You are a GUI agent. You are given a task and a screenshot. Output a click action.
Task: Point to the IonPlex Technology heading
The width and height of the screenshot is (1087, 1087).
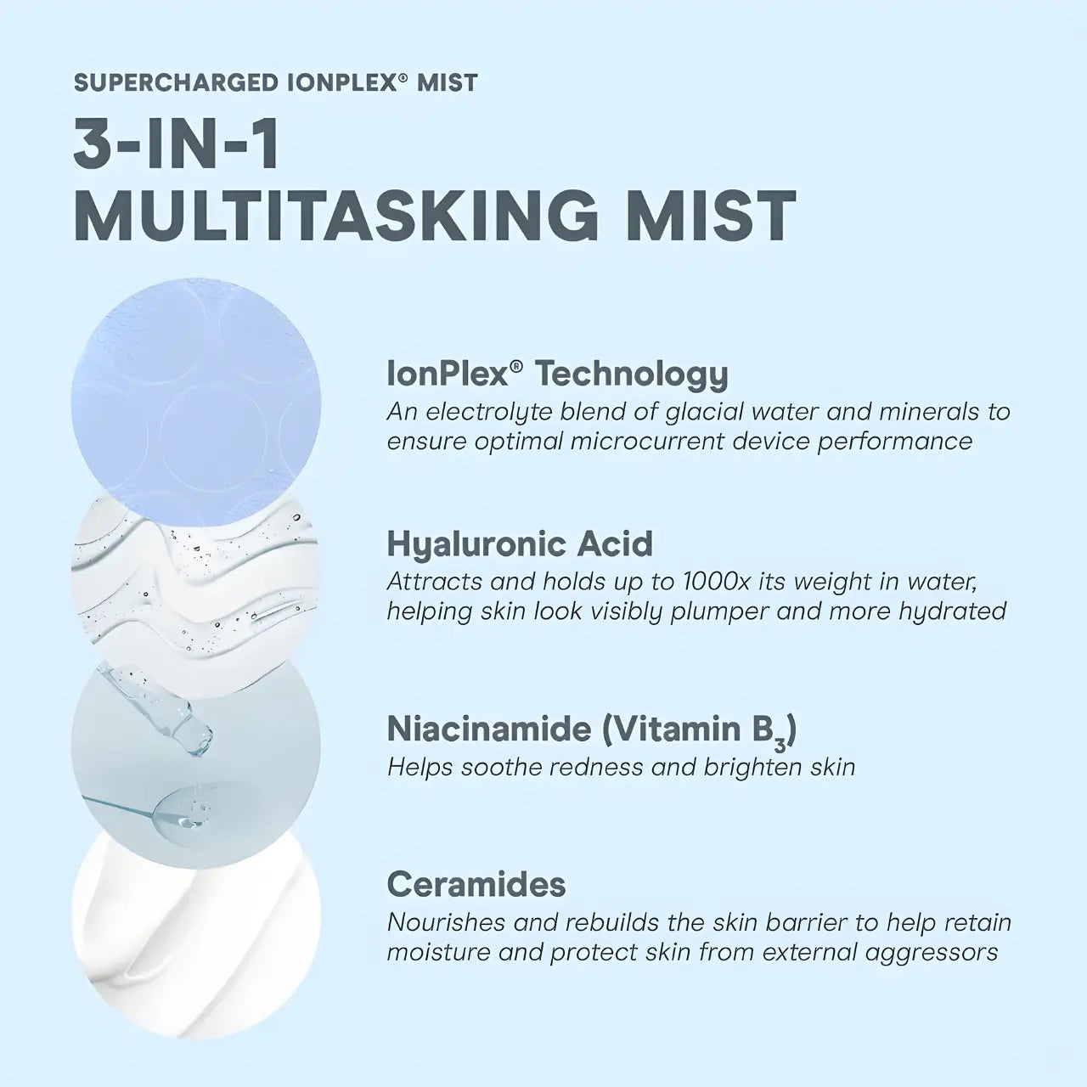pos(557,374)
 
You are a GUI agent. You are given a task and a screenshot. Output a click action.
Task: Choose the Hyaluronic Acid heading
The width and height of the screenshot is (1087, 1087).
pos(520,543)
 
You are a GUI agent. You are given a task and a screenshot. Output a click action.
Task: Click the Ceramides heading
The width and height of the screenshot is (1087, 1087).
pos(476,884)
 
